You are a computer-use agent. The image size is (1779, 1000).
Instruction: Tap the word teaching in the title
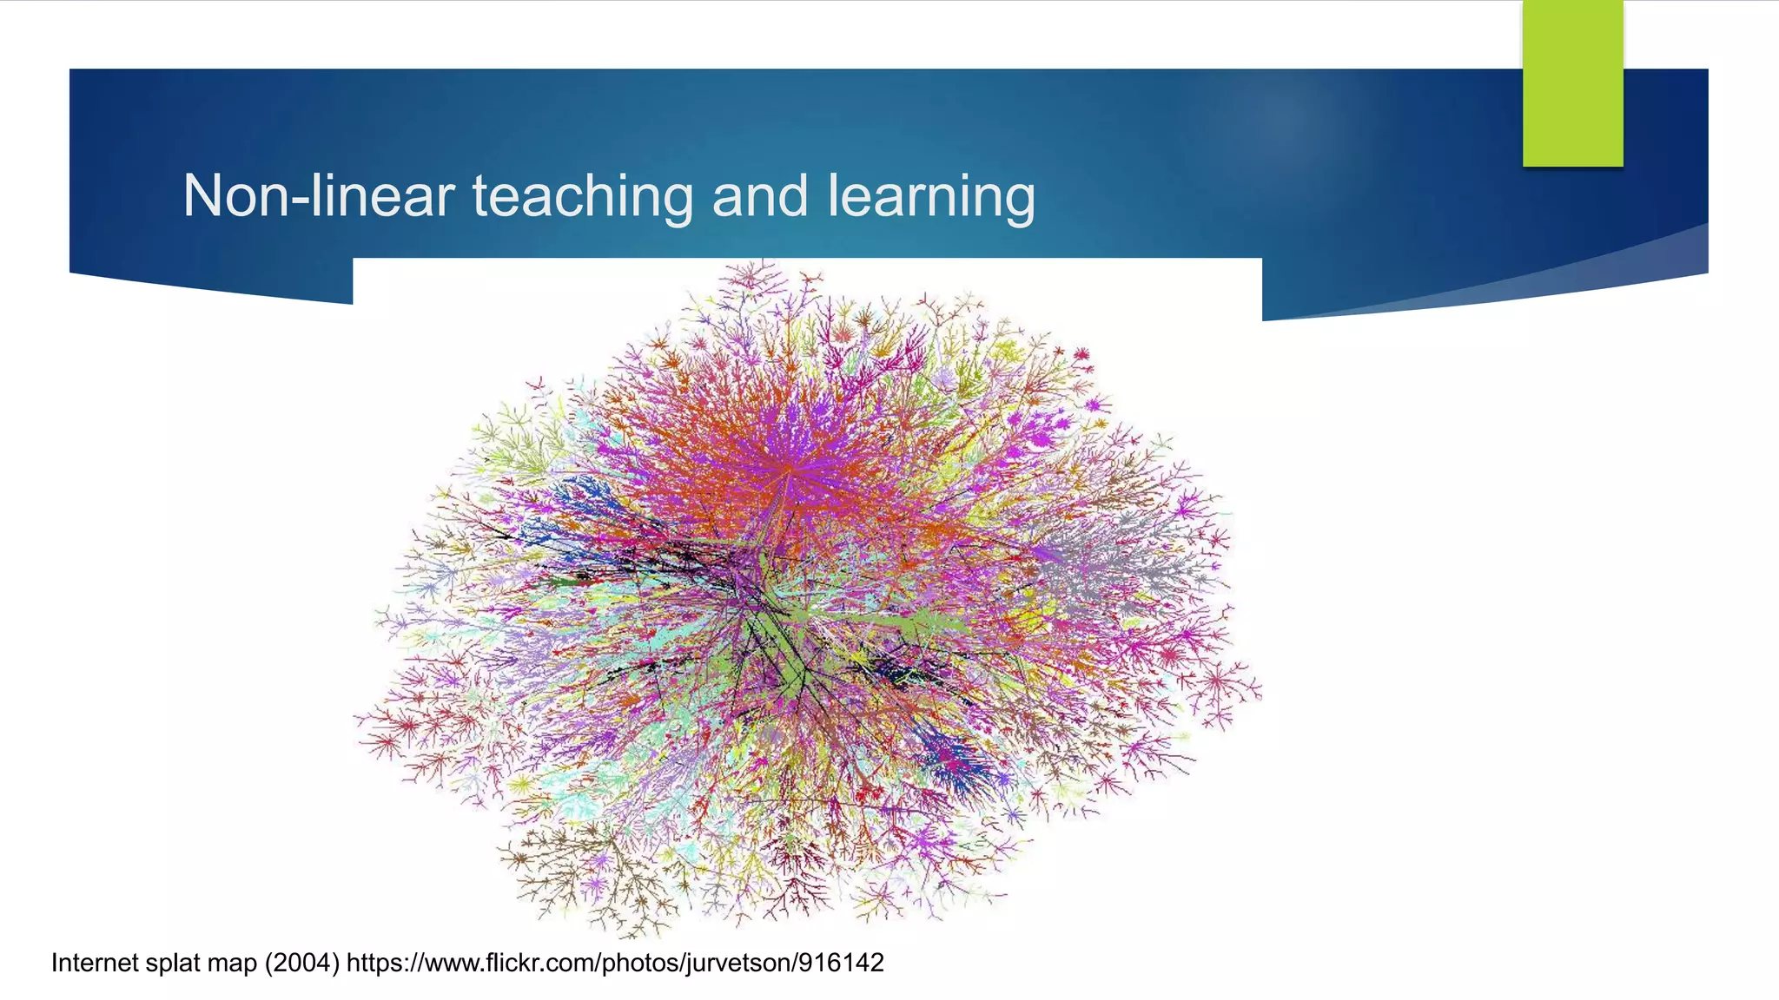click(x=582, y=196)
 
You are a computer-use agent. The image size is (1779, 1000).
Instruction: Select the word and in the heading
click(x=759, y=196)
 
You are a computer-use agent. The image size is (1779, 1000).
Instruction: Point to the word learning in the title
click(x=930, y=196)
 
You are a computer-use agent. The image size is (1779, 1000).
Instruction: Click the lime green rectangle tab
click(x=1572, y=83)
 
